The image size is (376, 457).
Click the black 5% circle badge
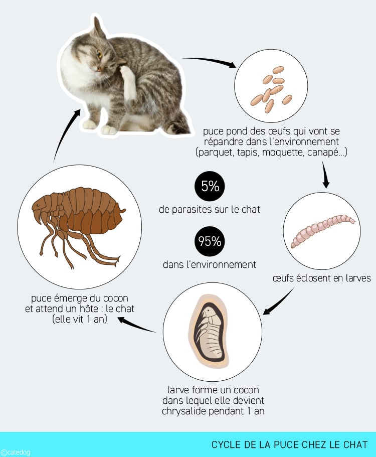(210, 186)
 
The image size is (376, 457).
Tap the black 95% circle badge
(210, 241)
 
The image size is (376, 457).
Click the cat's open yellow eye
(100, 54)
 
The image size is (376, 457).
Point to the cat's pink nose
(99, 69)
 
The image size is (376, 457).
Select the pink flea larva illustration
(323, 230)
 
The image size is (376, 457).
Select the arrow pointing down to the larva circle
(325, 175)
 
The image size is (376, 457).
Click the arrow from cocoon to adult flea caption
(137, 325)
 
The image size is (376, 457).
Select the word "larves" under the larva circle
(358, 278)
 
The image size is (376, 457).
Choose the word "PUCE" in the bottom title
(287, 444)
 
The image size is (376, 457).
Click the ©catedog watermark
(16, 452)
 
